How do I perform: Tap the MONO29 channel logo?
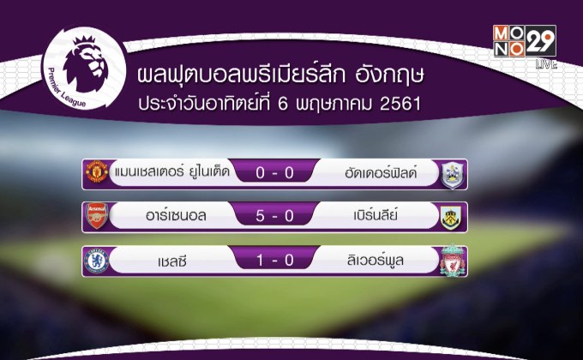tap(524, 40)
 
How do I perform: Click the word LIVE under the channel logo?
tap(545, 63)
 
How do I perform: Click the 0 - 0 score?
tap(274, 173)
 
